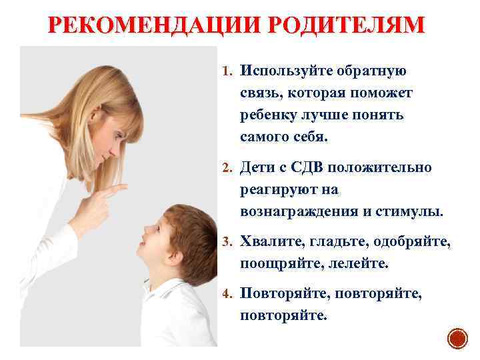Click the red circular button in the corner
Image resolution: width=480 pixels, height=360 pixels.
click(457, 339)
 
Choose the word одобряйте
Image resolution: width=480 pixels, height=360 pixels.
click(411, 241)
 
